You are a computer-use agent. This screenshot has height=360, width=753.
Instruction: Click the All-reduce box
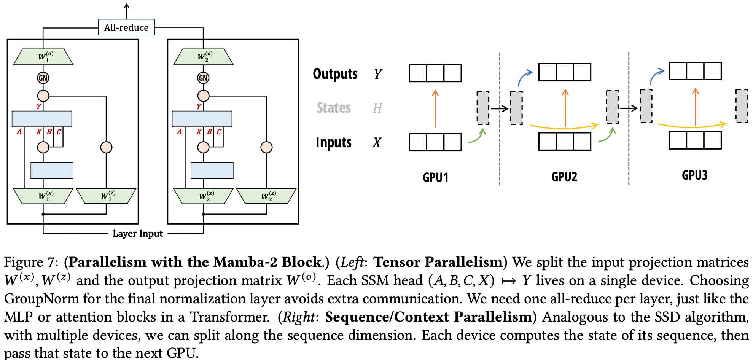pyautogui.click(x=126, y=27)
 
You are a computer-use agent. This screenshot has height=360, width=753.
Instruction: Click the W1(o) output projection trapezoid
pyautogui.click(x=43, y=57)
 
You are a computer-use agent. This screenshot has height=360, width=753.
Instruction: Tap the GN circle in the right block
pyautogui.click(x=203, y=78)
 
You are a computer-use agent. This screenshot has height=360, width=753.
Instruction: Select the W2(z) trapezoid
pyautogui.click(x=266, y=196)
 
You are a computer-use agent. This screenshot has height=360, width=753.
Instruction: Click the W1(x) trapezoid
pyautogui.click(x=43, y=196)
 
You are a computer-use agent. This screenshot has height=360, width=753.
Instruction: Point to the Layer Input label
pyautogui.click(x=138, y=233)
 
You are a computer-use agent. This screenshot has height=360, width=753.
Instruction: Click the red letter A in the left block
pyautogui.click(x=19, y=132)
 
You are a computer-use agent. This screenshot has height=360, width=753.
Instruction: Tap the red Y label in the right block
pyautogui.click(x=199, y=106)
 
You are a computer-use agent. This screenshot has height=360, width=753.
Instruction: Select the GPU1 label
pyautogui.click(x=435, y=177)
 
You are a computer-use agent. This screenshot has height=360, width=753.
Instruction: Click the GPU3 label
pyautogui.click(x=694, y=175)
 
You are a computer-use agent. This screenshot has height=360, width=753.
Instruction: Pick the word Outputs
pyautogui.click(x=335, y=74)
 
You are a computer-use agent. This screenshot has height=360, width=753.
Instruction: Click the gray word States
pyautogui.click(x=334, y=108)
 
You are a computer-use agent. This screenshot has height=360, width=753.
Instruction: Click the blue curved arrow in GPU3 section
pyautogui.click(x=656, y=76)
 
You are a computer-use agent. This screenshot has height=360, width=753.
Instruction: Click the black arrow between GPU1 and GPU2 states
pyautogui.click(x=499, y=109)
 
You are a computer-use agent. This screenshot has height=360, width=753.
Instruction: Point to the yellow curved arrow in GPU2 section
pyautogui.click(x=563, y=127)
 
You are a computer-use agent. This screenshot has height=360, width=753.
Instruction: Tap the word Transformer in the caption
pyautogui.click(x=229, y=317)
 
